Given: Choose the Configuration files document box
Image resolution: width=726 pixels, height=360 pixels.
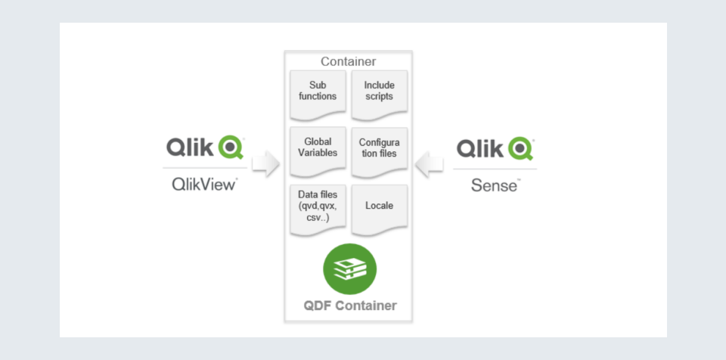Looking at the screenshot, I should pyautogui.click(x=379, y=149).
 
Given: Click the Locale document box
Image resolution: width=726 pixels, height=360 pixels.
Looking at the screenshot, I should pyautogui.click(x=379, y=206).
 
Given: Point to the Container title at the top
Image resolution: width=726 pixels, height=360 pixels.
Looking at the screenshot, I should pyautogui.click(x=348, y=61).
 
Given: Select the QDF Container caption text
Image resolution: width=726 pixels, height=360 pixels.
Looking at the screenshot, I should pyautogui.click(x=349, y=306).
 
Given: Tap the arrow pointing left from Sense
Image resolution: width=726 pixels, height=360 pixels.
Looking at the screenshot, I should pyautogui.click(x=430, y=163).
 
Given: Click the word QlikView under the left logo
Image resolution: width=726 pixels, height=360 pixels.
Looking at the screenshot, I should pyautogui.click(x=204, y=184).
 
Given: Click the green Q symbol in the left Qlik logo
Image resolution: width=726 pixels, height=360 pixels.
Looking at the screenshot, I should pyautogui.click(x=231, y=147).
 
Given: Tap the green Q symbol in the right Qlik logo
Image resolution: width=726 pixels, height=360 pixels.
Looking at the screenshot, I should pyautogui.click(x=521, y=147).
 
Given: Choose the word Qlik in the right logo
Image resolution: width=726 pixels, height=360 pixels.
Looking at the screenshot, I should pyautogui.click(x=479, y=147).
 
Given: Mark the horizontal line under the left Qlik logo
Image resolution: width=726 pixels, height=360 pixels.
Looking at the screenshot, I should pyautogui.click(x=204, y=167).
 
